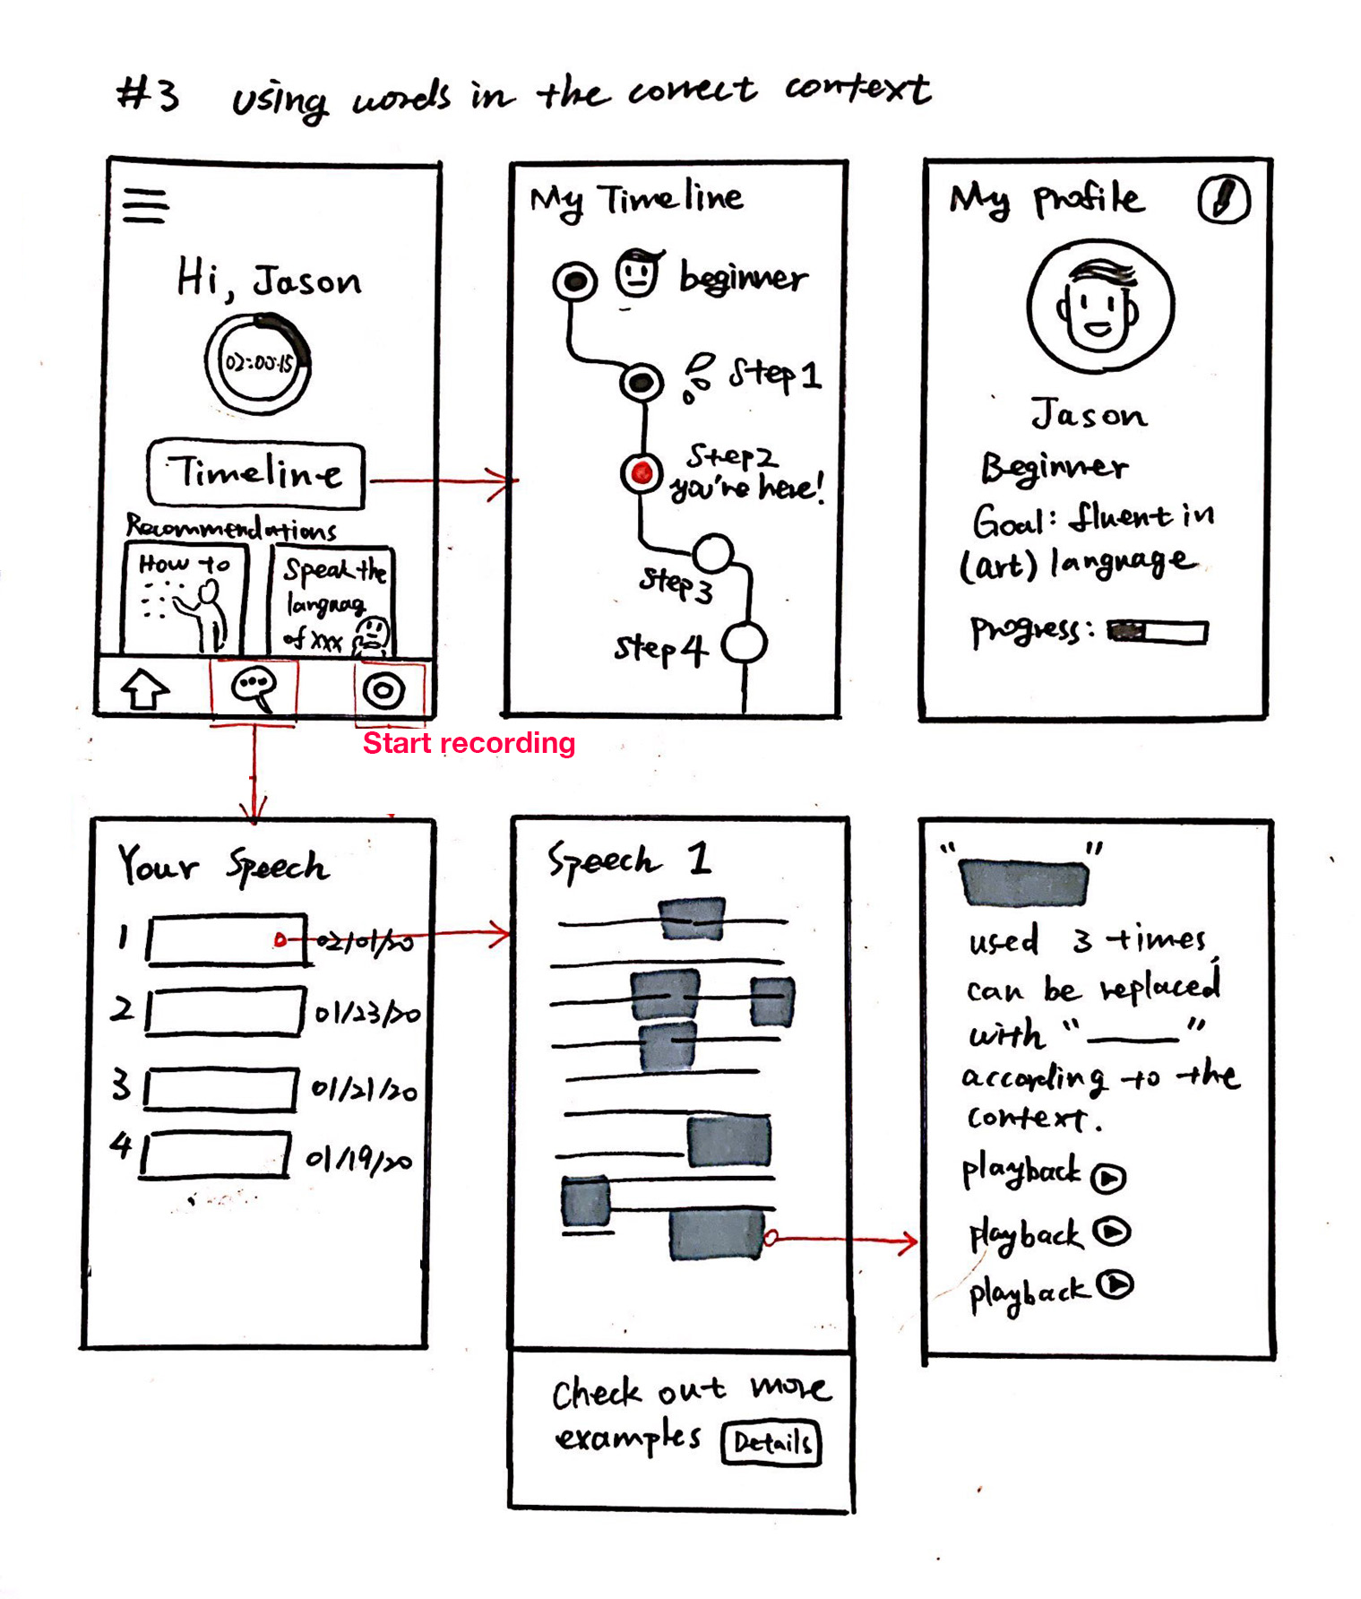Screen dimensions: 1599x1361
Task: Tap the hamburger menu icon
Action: point(146,206)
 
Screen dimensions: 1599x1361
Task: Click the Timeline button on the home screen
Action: point(256,473)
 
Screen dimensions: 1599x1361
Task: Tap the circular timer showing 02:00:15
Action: point(258,363)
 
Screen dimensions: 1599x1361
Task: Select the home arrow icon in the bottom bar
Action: point(144,690)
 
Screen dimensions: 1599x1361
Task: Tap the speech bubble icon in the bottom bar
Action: point(254,689)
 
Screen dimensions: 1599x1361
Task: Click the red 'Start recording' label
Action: point(469,743)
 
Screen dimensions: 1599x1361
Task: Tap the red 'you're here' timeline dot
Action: point(642,472)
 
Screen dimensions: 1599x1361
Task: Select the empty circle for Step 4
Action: point(744,644)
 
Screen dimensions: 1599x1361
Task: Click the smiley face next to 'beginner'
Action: point(638,272)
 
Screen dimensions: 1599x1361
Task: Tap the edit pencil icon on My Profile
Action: point(1223,199)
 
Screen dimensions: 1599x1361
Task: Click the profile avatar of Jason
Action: point(1099,307)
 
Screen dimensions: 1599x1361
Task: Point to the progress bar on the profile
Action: point(1157,632)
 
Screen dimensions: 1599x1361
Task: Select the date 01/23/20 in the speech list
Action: point(366,1014)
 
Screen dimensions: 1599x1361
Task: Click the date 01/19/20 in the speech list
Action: point(359,1161)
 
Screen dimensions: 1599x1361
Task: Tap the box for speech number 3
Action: point(220,1089)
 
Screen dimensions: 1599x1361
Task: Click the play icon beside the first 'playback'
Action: point(1108,1178)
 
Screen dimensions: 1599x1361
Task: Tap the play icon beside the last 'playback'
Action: point(1116,1285)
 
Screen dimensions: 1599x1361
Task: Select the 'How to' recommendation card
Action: point(184,601)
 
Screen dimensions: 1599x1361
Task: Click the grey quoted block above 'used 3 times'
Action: point(1023,881)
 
